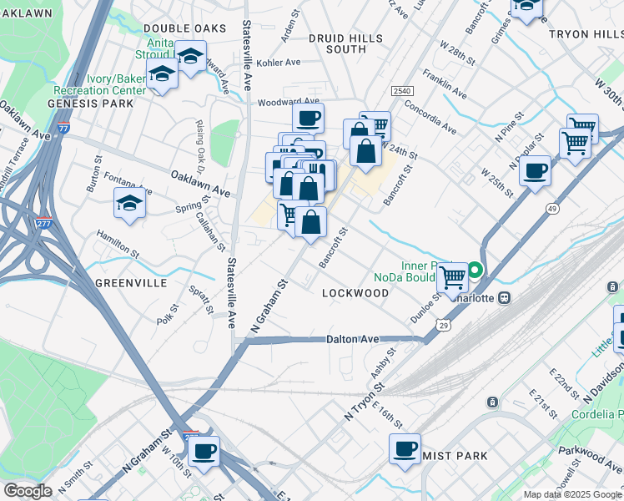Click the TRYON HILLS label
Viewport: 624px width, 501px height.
click(x=586, y=33)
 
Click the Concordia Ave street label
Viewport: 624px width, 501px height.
click(x=430, y=118)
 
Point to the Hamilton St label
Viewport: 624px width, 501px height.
click(x=117, y=244)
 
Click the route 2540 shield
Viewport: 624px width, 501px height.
click(x=401, y=89)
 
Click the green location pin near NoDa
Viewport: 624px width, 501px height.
click(x=475, y=270)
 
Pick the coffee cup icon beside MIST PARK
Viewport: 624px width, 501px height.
click(x=405, y=448)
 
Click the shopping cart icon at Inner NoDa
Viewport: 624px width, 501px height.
click(x=453, y=275)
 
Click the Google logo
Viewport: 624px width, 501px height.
click(x=28, y=491)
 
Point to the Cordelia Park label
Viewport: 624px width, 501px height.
click(x=597, y=415)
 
